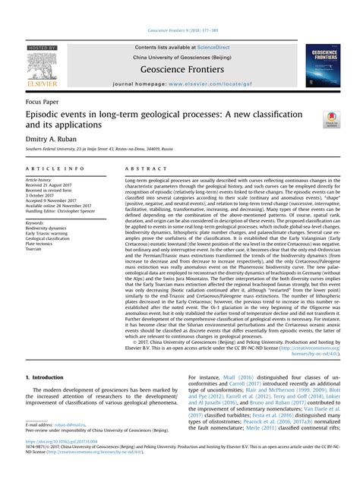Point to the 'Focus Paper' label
[43, 101]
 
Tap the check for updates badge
[331, 118]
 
